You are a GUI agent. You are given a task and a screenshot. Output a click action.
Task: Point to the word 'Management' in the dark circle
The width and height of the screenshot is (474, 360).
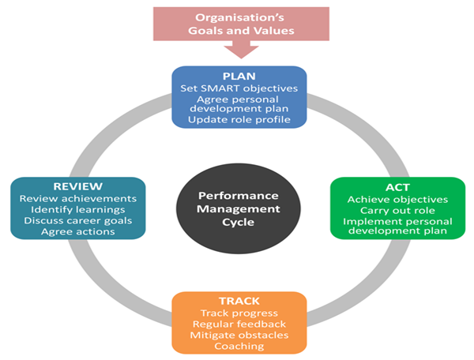click(238, 209)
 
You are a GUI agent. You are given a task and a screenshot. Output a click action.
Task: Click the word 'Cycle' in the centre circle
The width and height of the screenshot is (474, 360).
click(238, 223)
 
